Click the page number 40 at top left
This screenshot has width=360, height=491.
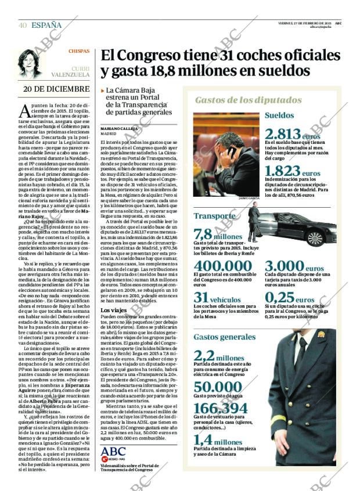point(23,25)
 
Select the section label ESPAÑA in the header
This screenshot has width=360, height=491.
point(46,25)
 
